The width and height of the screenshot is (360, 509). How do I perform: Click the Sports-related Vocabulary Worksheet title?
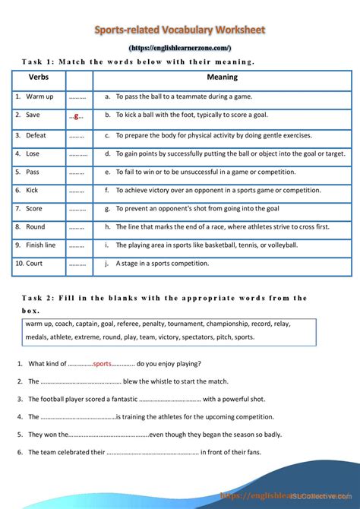pos(180,30)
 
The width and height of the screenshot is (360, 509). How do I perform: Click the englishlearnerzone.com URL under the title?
pos(180,48)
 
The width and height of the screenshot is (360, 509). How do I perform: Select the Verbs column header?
pos(39,77)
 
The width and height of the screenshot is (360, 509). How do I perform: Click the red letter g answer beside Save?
pos(77,116)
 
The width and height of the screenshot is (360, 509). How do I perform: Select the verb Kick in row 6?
pos(32,190)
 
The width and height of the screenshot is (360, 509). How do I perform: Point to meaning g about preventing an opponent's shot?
pos(197,208)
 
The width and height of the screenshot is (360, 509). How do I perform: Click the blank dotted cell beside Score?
pos(77,208)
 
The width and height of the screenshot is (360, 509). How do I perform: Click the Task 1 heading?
pos(137,62)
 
